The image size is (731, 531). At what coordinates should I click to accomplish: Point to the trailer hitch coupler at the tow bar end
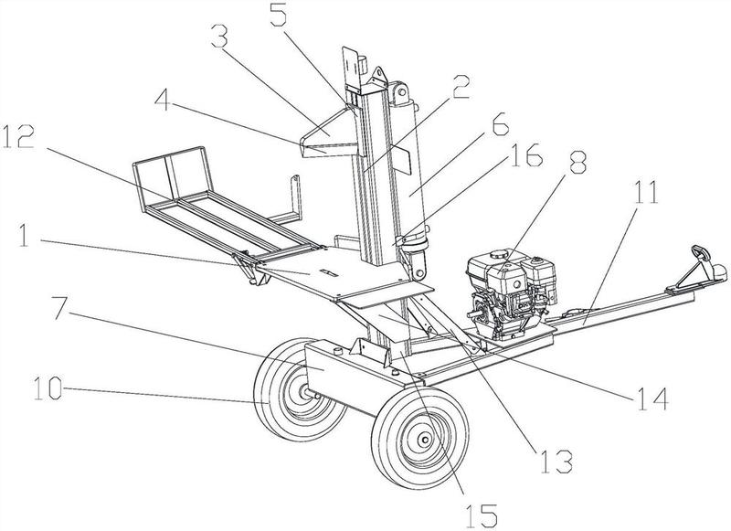[x=701, y=259]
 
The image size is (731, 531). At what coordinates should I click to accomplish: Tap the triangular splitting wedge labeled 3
[x=329, y=138]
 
